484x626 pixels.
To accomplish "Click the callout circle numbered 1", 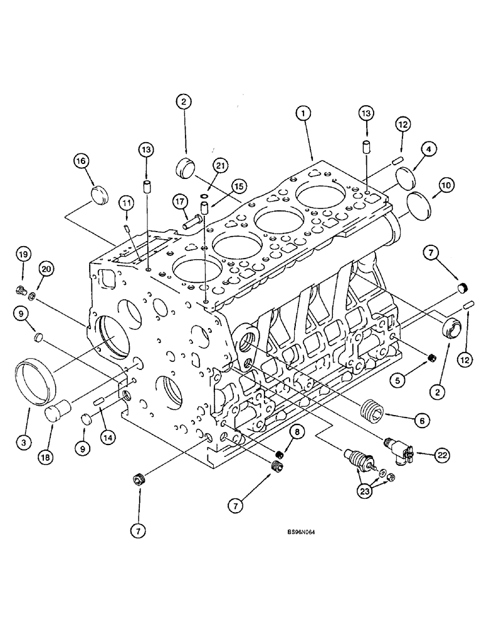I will [303, 114].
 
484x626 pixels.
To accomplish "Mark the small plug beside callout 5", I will [431, 357].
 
